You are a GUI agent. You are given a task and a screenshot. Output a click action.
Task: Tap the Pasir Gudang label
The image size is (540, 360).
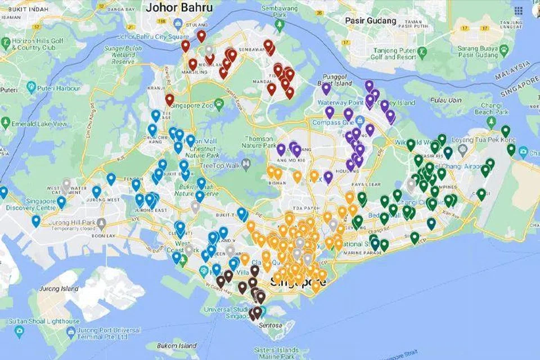[x=371, y=21]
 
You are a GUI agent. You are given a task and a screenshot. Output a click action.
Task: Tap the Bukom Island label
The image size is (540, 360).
[x=177, y=345]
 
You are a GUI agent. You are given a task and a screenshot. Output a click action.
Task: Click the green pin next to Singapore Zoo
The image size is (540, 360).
[x=219, y=104]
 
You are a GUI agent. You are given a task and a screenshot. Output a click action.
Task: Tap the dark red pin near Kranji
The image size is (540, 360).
[x=169, y=100]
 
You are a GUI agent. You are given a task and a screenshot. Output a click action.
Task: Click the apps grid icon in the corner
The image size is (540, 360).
[x=519, y=11]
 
